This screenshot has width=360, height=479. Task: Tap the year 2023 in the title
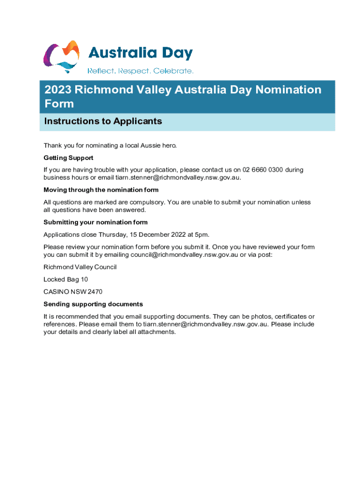58,90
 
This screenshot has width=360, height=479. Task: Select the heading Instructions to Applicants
103,122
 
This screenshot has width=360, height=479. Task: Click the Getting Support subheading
68,158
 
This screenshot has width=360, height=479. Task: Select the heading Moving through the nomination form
101,190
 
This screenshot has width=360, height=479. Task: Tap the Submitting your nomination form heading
95,222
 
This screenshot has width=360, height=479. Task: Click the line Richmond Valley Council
80,267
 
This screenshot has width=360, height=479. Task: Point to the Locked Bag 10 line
65,279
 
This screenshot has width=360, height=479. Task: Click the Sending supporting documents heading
93,304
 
